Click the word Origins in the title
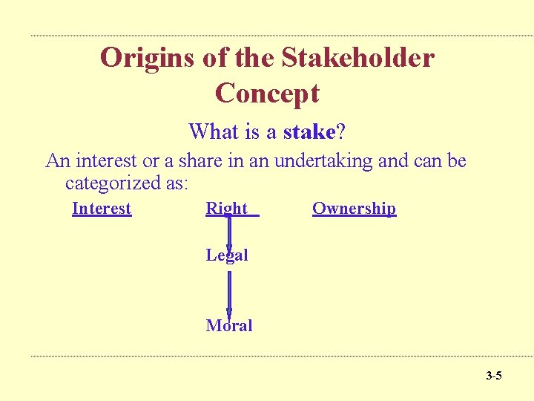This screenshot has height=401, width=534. (x=145, y=57)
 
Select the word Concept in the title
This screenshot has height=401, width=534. (x=267, y=94)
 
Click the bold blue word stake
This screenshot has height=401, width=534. (x=309, y=132)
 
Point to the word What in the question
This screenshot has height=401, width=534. (x=214, y=132)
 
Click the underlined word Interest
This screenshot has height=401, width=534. (x=102, y=209)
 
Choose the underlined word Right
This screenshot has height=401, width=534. (x=227, y=209)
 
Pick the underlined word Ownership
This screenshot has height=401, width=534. (x=354, y=209)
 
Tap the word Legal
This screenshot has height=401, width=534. (x=227, y=255)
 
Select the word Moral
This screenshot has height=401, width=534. (x=229, y=325)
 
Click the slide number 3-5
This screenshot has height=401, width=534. (x=493, y=376)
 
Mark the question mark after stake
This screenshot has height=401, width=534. (x=340, y=132)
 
